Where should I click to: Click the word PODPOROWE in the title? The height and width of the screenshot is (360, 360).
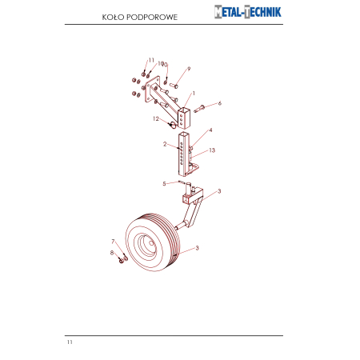pyautogui.click(x=152, y=18)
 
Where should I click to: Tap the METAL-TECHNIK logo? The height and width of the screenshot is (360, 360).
pyautogui.click(x=248, y=12)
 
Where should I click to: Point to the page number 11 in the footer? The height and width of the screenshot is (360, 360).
pyautogui.click(x=70, y=342)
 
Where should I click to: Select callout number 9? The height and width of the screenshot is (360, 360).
pyautogui.click(x=189, y=69)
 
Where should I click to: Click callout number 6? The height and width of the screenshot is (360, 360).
pyautogui.click(x=220, y=103)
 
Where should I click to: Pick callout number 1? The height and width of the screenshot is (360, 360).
pyautogui.click(x=194, y=94)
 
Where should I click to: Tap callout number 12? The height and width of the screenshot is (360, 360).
pyautogui.click(x=156, y=118)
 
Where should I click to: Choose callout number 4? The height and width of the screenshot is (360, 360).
pyautogui.click(x=210, y=130)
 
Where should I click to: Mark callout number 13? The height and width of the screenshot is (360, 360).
pyautogui.click(x=212, y=150)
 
